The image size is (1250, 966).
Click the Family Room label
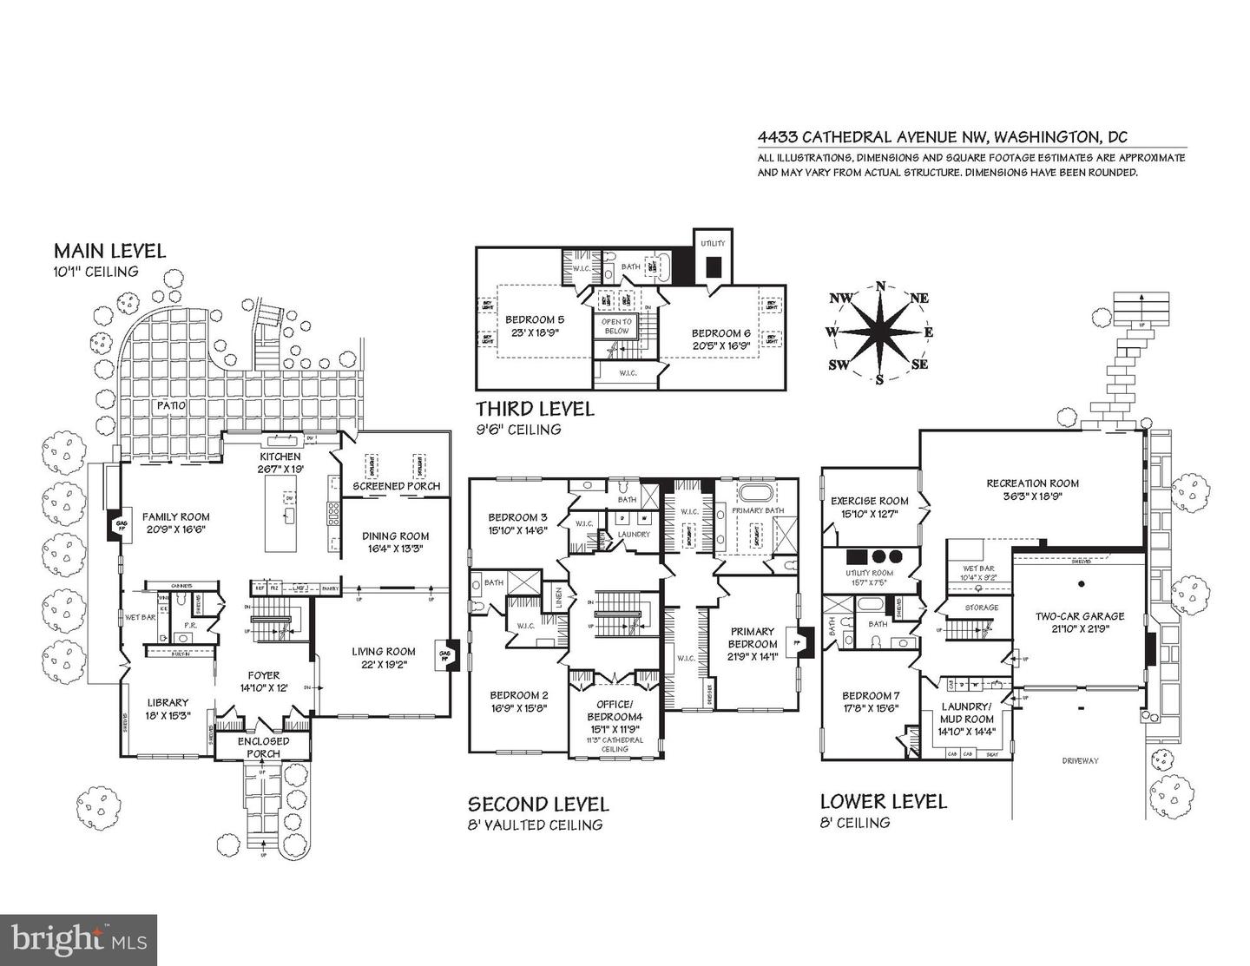coord(176,516)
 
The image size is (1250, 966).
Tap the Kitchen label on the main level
coord(280,457)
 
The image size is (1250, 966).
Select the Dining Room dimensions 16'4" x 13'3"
coord(395,548)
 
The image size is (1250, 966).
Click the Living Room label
coord(383,651)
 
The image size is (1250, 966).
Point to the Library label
coord(168,702)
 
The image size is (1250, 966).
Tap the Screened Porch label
coord(396,486)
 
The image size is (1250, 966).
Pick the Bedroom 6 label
coord(720,333)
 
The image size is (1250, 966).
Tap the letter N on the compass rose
coord(880,286)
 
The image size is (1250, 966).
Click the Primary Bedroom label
coord(753,638)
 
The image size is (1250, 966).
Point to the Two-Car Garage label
coord(1079,616)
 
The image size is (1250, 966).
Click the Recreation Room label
coord(1032,483)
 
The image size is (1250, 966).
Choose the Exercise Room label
coord(869,501)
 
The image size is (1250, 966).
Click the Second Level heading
coord(538,804)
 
